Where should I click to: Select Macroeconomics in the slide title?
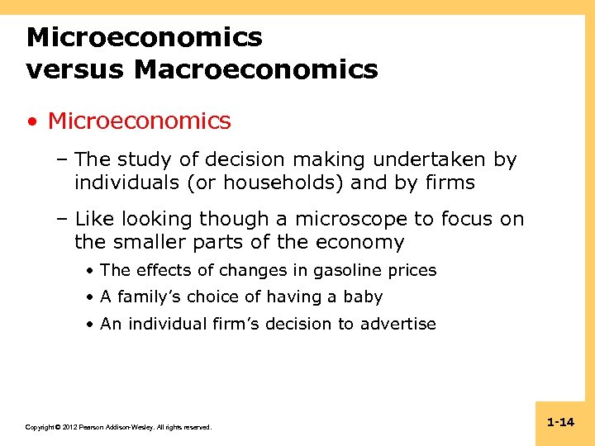click(x=255, y=69)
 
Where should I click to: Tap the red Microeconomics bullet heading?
click(x=139, y=121)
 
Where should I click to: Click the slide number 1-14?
click(x=560, y=422)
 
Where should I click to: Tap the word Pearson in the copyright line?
click(x=89, y=427)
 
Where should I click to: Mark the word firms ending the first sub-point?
click(x=450, y=183)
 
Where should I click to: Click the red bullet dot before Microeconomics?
click(x=31, y=121)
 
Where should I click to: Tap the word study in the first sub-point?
click(x=146, y=159)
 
